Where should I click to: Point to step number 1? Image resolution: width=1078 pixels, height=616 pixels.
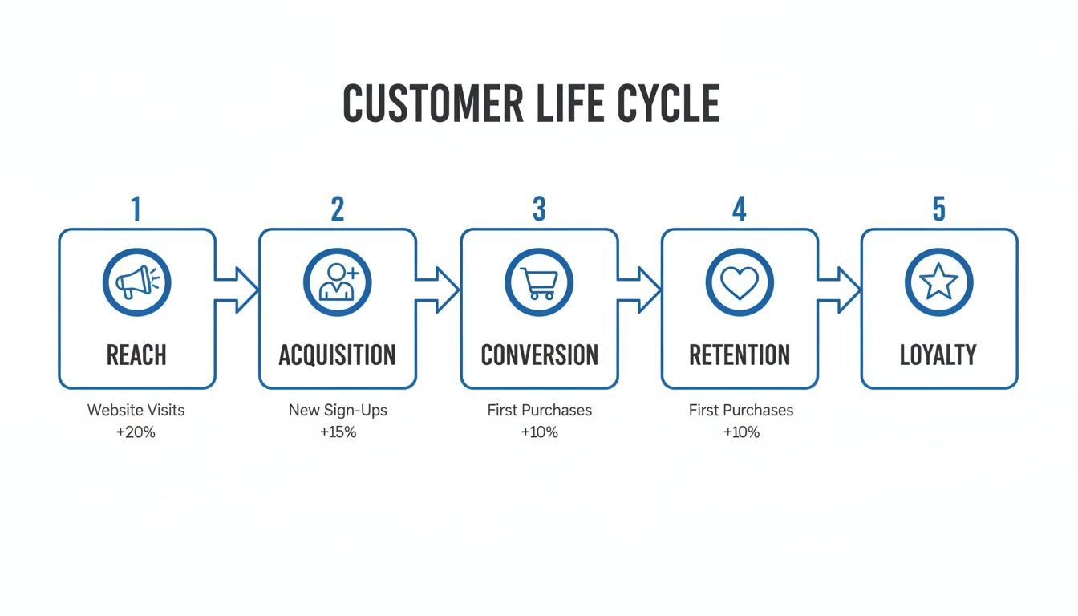pyautogui.click(x=136, y=209)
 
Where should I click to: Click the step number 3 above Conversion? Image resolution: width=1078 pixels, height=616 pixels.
pyautogui.click(x=539, y=209)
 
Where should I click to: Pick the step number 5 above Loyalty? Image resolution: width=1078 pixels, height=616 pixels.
pyautogui.click(x=938, y=209)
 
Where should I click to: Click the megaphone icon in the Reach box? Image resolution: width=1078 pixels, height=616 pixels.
pyautogui.click(x=136, y=282)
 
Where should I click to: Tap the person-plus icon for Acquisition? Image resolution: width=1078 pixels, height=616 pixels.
pyautogui.click(x=338, y=282)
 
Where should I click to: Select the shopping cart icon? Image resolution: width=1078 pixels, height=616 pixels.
pyautogui.click(x=539, y=282)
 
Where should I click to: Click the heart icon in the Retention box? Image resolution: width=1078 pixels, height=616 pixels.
pyautogui.click(x=740, y=282)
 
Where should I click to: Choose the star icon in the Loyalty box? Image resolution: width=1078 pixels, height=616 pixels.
pyautogui.click(x=938, y=282)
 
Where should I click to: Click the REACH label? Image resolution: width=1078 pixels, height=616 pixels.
pyautogui.click(x=136, y=355)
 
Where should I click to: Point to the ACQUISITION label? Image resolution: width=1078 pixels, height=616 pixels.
pyautogui.click(x=338, y=355)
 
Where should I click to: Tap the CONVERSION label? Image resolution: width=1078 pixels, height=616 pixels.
pyautogui.click(x=539, y=355)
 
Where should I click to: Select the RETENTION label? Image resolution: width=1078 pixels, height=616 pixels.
pyautogui.click(x=740, y=355)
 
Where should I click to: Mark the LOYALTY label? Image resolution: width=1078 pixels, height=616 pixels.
pyautogui.click(x=938, y=355)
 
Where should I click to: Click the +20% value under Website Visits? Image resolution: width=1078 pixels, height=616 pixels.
pyautogui.click(x=136, y=432)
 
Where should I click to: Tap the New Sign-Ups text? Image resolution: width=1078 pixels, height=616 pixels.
pyautogui.click(x=338, y=410)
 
